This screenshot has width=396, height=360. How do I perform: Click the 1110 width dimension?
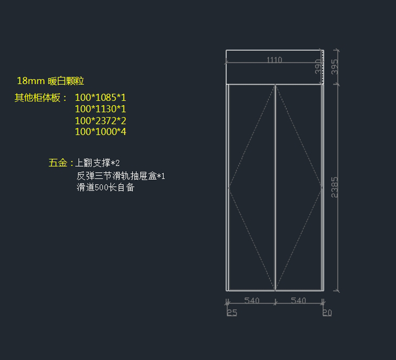274,60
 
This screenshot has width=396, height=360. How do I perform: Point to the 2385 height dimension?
335,187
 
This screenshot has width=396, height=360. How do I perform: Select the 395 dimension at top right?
335,67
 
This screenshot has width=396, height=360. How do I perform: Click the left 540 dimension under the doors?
251,301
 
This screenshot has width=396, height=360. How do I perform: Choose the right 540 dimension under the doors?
298,301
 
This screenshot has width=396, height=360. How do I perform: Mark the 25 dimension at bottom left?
232,312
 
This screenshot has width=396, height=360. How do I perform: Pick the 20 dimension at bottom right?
327,312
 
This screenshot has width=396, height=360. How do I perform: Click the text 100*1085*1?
100,98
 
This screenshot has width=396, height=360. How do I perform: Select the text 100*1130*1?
100,109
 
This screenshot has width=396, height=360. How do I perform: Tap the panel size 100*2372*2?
100,121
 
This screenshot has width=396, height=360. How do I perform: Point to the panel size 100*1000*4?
100,132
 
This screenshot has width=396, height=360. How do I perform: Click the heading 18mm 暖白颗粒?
50,81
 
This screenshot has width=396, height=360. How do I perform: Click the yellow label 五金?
58,163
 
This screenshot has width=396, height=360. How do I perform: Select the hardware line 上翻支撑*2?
97,163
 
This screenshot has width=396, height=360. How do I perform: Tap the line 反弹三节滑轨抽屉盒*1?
121,176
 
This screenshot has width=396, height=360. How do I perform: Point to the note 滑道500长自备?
106,188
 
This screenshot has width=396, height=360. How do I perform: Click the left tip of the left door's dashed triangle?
229,188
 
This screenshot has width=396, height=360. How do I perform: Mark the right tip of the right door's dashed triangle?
322,188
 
